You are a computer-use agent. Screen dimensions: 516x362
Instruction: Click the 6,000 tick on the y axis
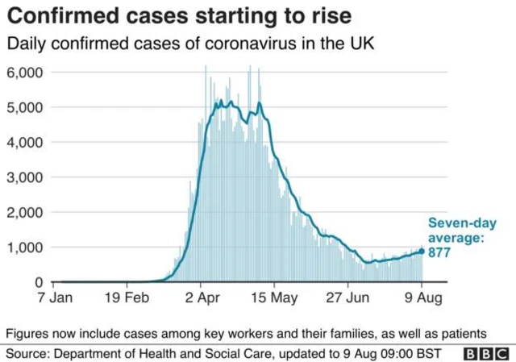tap(25, 73)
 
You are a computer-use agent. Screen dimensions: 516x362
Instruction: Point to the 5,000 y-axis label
tap(25, 107)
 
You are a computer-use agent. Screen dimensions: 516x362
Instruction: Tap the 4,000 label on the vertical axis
tap(25, 143)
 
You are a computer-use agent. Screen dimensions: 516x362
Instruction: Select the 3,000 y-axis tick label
tap(25, 177)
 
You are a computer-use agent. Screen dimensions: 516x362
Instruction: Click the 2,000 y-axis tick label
tap(25, 213)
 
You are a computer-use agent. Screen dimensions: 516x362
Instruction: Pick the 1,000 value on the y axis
tap(25, 248)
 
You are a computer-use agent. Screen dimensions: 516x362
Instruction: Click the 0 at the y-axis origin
tap(39, 282)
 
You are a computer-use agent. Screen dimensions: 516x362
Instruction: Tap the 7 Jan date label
tap(55, 298)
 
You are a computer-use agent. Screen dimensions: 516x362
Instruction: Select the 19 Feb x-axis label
tap(127, 298)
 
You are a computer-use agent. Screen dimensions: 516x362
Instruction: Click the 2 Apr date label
tap(202, 298)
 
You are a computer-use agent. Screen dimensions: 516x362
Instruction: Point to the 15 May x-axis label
tap(274, 298)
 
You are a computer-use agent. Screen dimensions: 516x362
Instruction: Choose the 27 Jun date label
tap(347, 298)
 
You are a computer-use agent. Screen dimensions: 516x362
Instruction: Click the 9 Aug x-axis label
tap(423, 298)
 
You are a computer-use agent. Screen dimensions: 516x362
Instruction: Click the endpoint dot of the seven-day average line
tap(422, 252)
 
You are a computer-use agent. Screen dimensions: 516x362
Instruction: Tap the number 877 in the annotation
tap(439, 252)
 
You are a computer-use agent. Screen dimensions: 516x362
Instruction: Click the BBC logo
tap(486, 354)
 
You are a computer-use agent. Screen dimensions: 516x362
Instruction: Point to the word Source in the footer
tap(27, 354)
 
